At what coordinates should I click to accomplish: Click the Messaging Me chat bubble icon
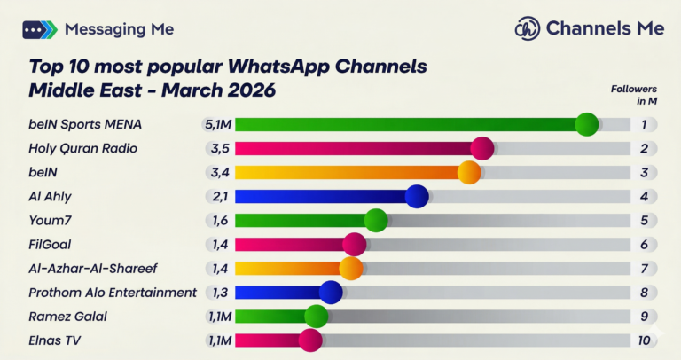tap(39, 29)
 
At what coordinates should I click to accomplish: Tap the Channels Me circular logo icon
tap(528, 28)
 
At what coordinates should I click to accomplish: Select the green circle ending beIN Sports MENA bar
tap(586, 124)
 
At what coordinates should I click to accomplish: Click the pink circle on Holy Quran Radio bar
tap(481, 148)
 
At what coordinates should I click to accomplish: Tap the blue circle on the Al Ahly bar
tap(417, 197)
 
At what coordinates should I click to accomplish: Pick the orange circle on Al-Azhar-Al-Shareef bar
tap(351, 269)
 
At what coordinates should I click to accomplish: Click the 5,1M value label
tap(218, 124)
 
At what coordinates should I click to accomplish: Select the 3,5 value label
tap(220, 148)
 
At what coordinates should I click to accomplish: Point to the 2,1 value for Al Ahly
tap(220, 197)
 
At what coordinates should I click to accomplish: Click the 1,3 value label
tap(220, 293)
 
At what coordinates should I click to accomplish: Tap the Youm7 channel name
tap(49, 221)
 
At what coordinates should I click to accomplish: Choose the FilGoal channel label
tap(51, 245)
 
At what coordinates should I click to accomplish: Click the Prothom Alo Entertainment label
tap(113, 293)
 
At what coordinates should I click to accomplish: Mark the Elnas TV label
tap(55, 340)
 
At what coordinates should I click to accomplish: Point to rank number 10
tap(645, 340)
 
